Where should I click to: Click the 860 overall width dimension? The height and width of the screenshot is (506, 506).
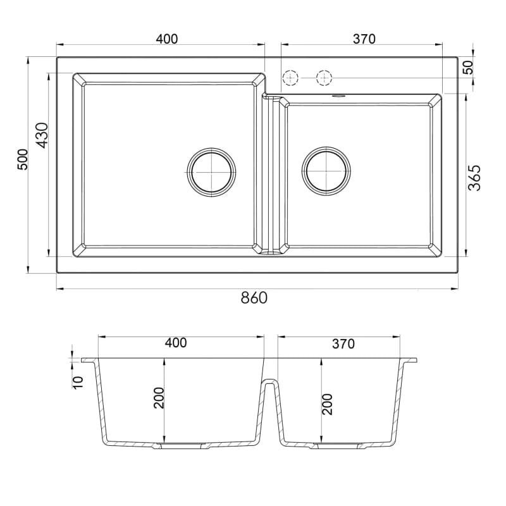point(254,298)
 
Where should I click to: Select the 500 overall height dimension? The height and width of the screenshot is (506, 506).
point(23,159)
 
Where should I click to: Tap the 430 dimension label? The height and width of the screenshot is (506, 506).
point(42,135)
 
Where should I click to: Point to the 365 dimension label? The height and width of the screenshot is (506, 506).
point(474,178)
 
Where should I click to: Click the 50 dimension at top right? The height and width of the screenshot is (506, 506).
point(468,67)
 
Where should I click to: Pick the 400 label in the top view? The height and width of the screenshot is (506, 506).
point(167,39)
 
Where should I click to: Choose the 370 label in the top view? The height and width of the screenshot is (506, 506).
point(364,39)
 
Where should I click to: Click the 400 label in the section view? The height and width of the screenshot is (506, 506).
point(176,343)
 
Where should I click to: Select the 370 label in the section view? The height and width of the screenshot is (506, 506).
point(343,344)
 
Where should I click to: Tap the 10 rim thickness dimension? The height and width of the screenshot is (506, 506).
point(78,382)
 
